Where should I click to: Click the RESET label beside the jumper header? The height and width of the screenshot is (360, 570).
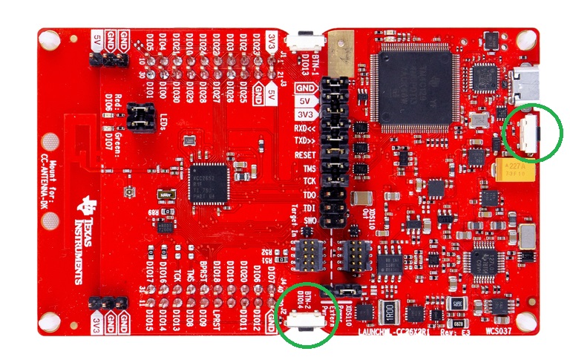305,154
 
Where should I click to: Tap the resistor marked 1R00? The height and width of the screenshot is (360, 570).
390,310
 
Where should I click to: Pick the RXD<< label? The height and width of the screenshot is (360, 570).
304,126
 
